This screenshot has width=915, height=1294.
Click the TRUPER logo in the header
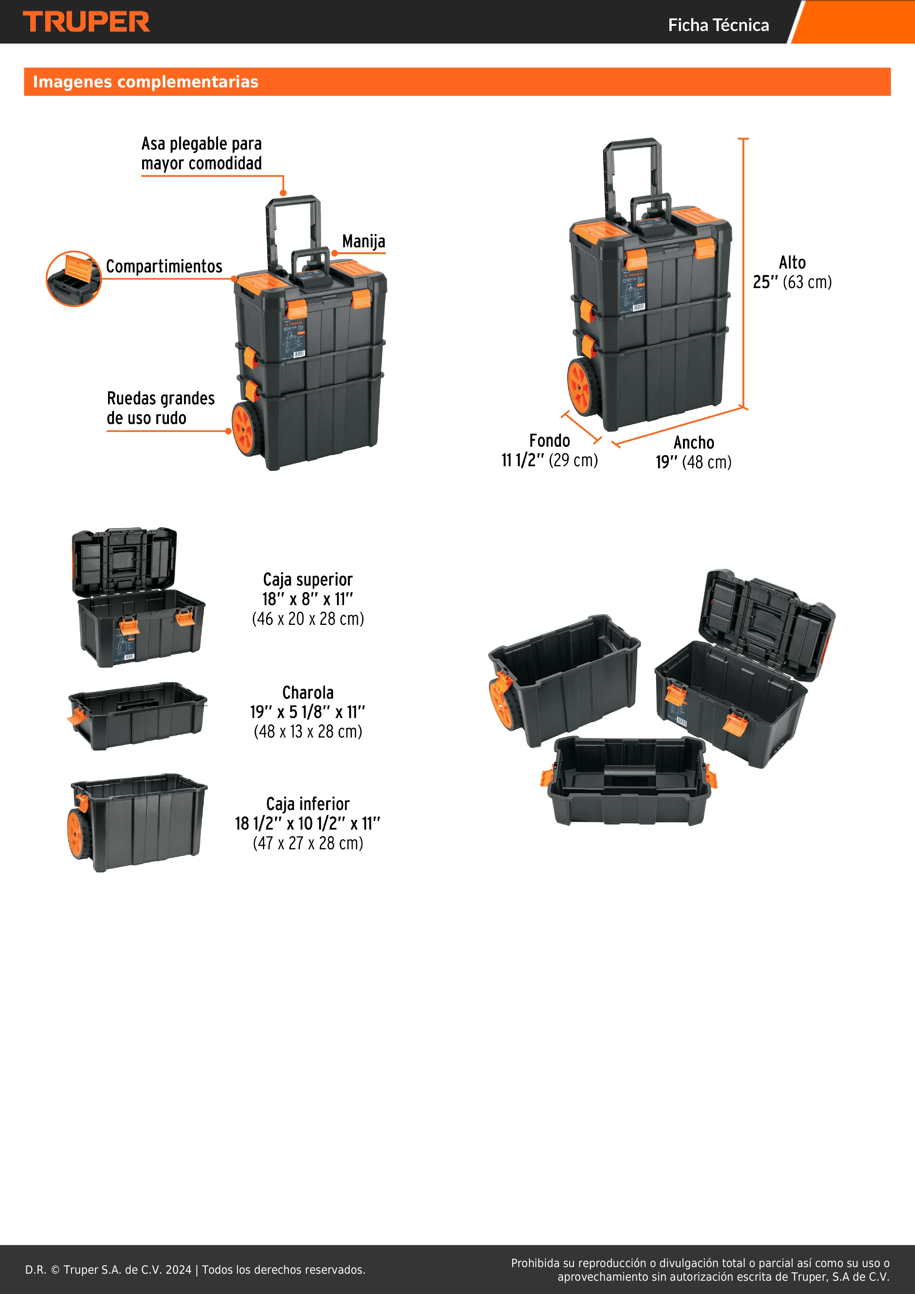click(x=86, y=22)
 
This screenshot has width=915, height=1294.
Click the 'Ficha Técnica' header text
click(x=718, y=25)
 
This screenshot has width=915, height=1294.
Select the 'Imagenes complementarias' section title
click(x=145, y=82)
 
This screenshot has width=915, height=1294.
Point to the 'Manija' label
click(x=363, y=241)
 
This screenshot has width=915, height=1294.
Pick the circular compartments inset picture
click(x=73, y=278)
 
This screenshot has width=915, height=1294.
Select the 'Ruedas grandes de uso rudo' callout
click(x=160, y=408)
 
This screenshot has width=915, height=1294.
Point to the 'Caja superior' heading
click(x=308, y=579)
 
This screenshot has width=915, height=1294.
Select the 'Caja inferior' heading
click(x=308, y=804)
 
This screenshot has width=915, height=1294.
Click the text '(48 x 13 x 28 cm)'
click(x=308, y=731)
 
